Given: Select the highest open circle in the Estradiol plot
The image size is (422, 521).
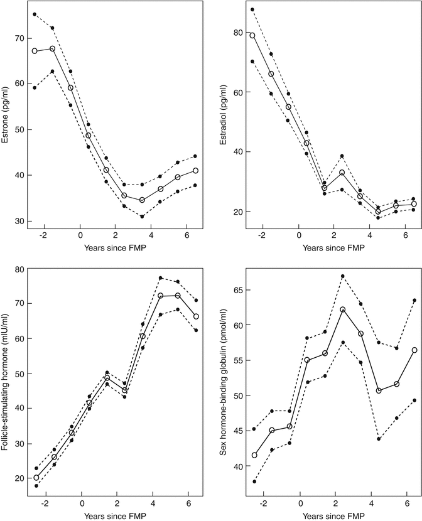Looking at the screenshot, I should (252, 35).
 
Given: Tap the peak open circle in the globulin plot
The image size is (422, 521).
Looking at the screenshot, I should (360, 309).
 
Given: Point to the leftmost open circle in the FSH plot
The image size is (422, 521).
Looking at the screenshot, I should (36, 478).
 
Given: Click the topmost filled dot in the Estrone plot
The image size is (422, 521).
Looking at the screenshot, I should (35, 14).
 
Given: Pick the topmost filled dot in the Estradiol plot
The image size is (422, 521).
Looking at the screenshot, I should (252, 9).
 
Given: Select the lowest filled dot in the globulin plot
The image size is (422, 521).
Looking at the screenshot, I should (252, 481).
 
